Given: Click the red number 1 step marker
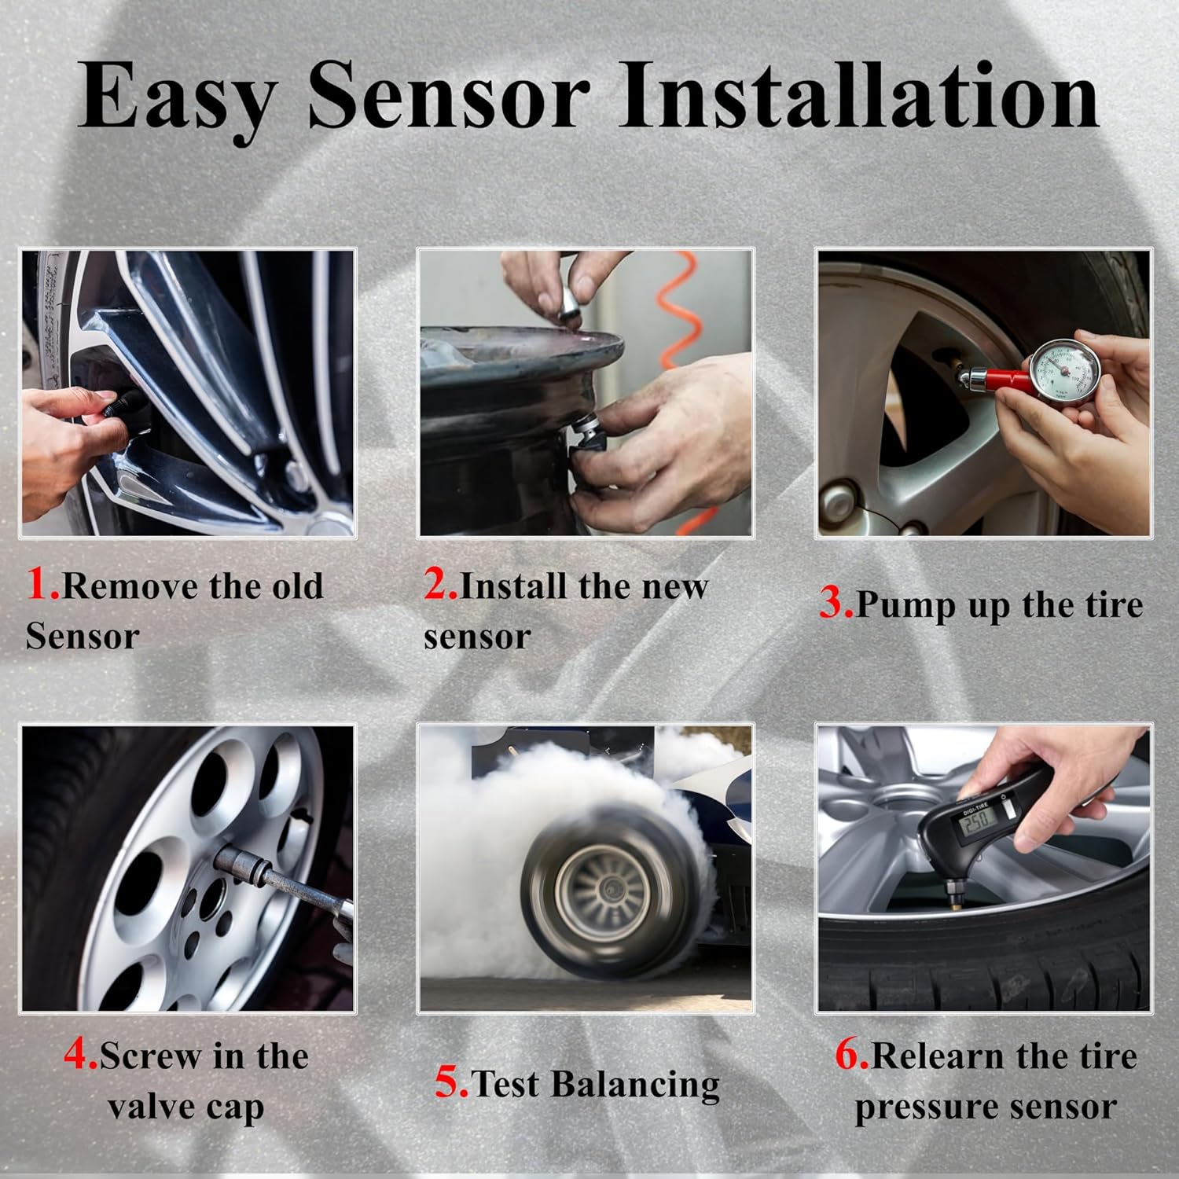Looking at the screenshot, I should click(x=41, y=585).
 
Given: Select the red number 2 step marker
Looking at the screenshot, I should click(x=439, y=585).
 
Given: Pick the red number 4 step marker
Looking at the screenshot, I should click(x=79, y=1055).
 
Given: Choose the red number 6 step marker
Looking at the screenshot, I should click(x=850, y=1055).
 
